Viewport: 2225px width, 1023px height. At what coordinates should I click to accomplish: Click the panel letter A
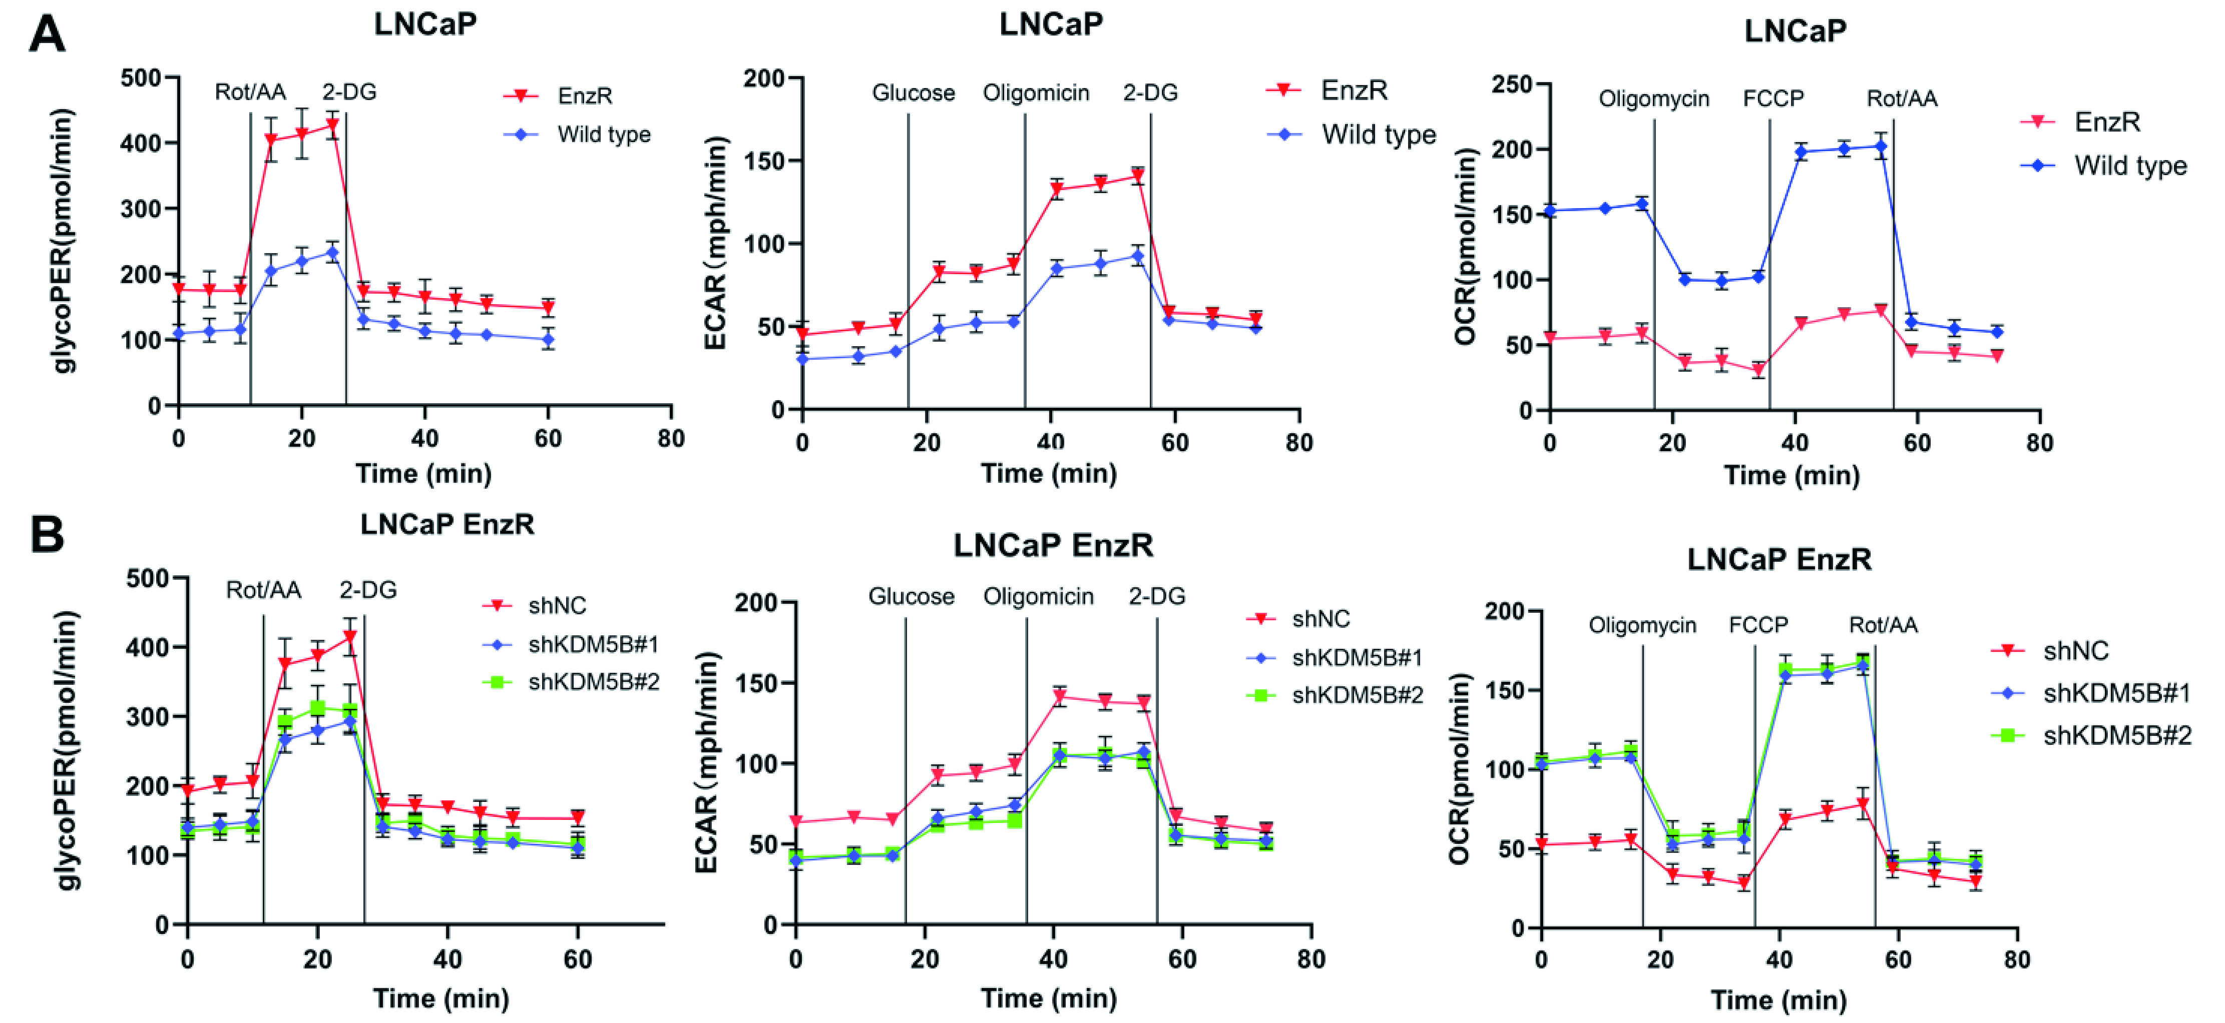48,36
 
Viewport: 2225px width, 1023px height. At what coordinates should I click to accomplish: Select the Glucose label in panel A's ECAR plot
913,93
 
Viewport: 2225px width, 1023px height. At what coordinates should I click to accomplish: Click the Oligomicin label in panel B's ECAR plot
1038,596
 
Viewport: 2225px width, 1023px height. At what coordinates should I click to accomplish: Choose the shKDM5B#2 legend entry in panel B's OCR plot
2116,735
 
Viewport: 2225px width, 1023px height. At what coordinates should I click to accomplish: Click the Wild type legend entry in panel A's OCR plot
2130,165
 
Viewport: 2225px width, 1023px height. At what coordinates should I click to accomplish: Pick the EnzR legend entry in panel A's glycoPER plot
585,95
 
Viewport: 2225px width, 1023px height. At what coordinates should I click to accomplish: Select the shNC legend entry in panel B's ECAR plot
1320,619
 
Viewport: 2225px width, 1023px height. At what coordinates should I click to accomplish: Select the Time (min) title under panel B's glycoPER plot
440,999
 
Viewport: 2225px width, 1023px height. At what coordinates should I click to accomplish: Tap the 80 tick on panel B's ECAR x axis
1311,959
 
